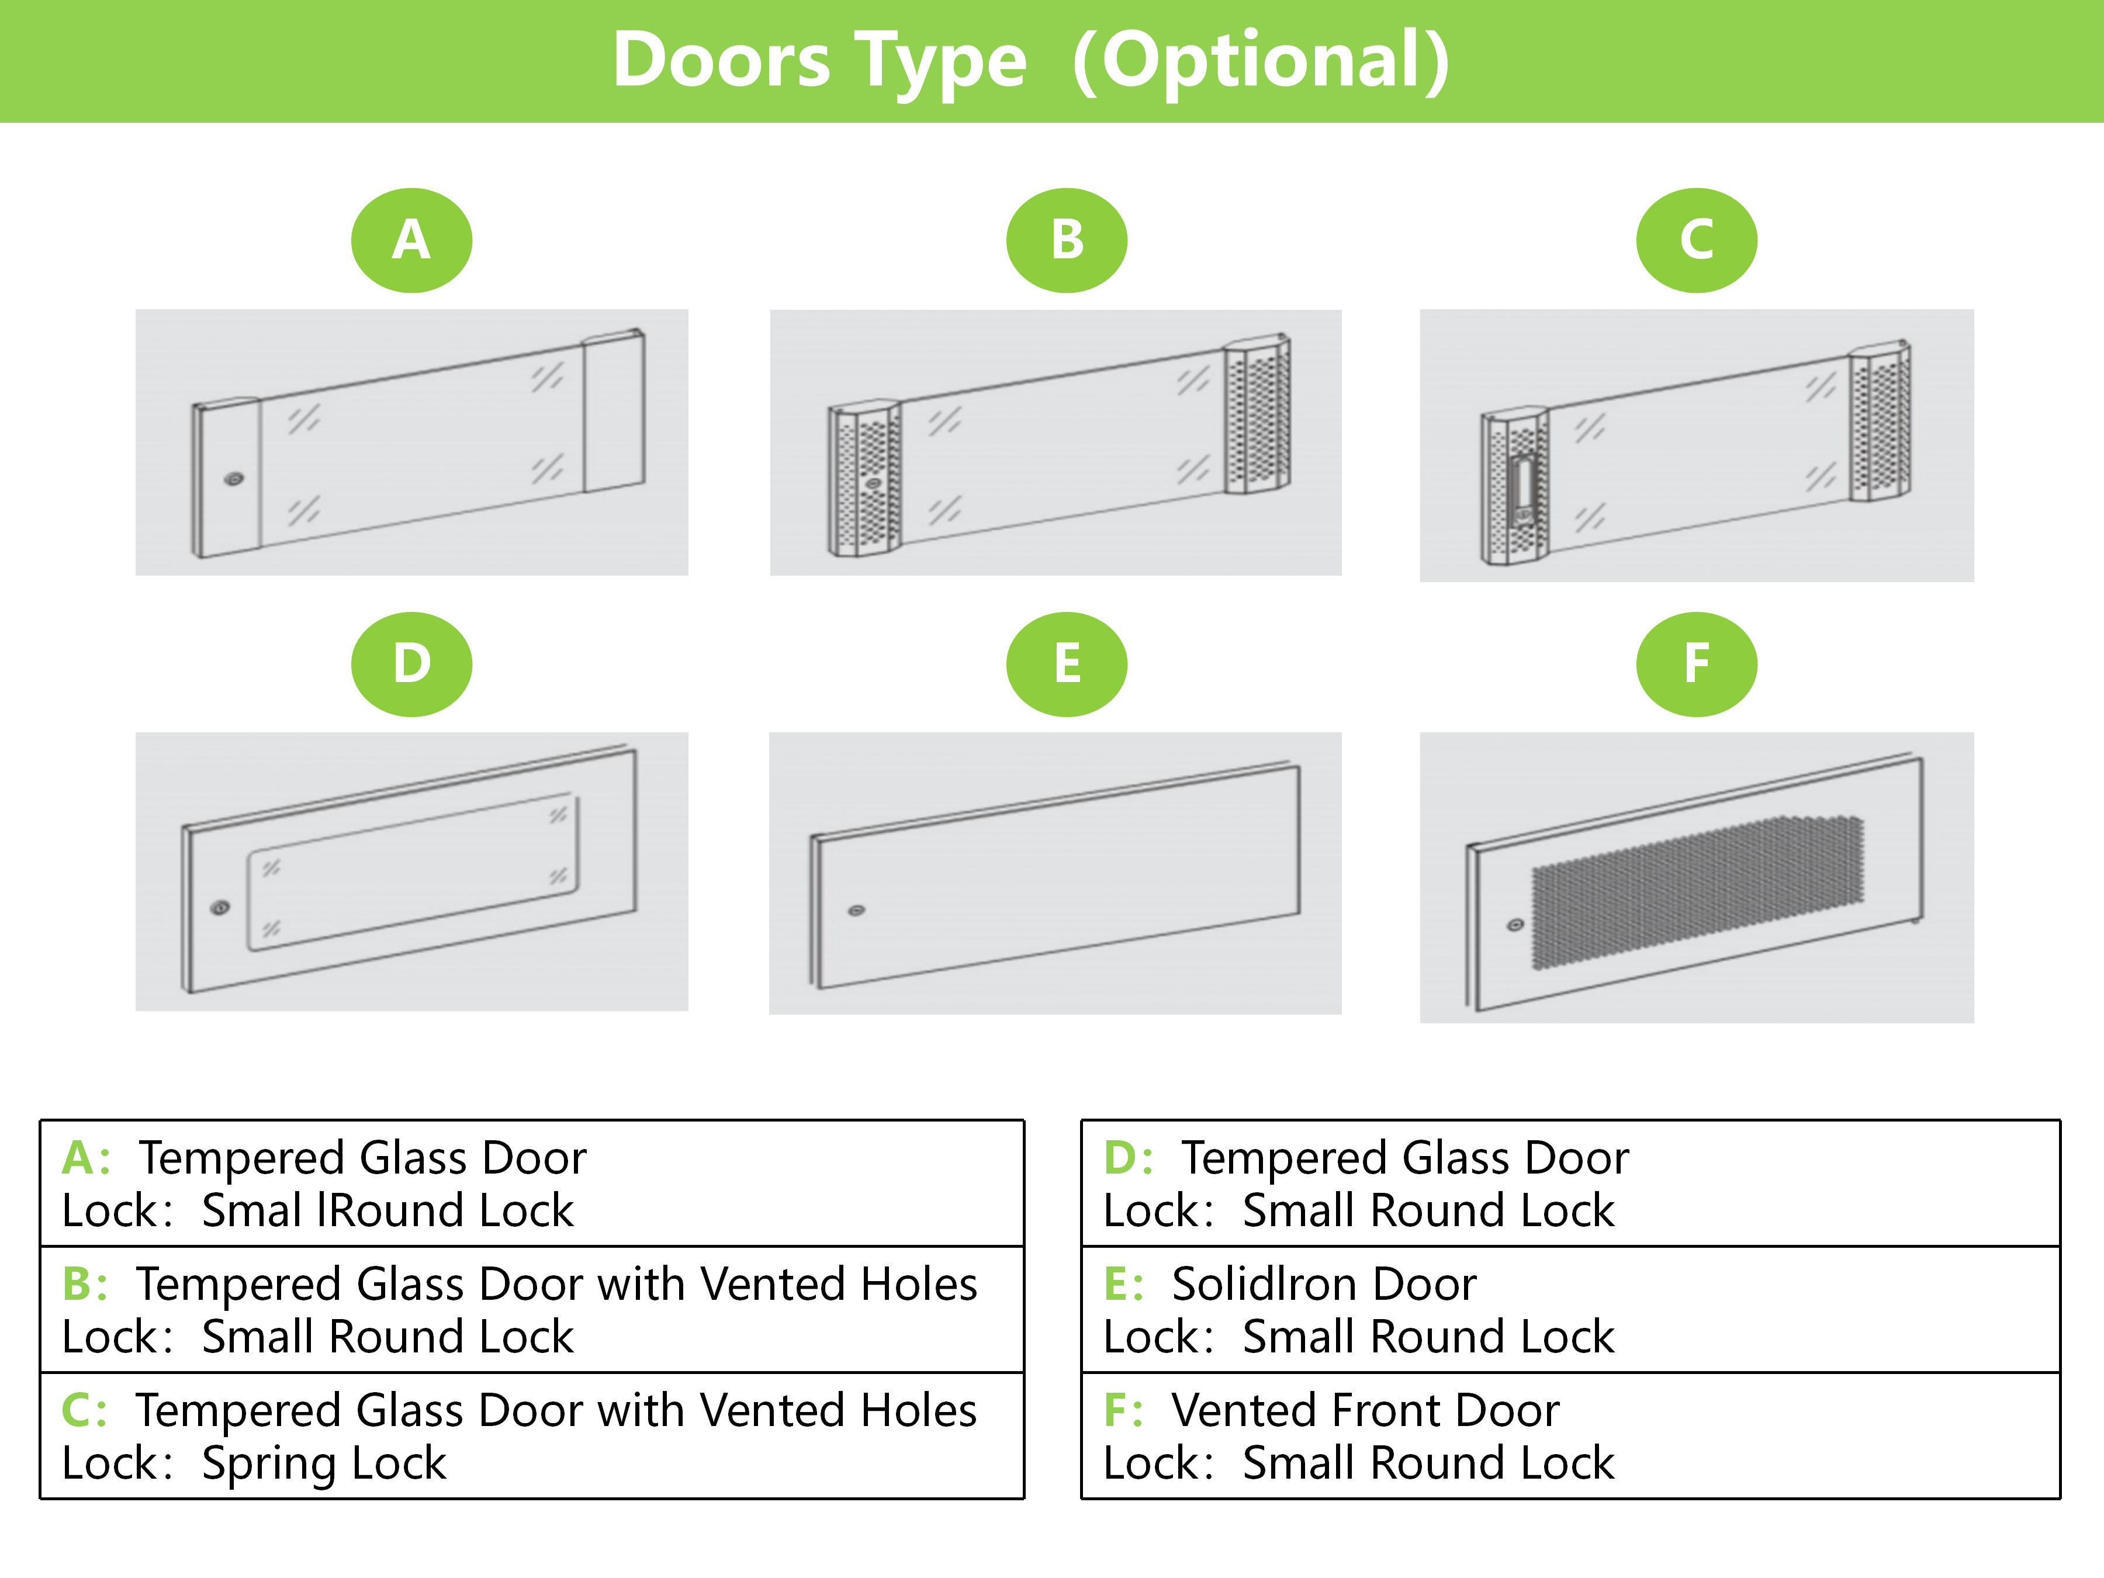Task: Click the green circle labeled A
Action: pos(412,240)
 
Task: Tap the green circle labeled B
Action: pos(1067,240)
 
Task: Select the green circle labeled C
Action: pos(1697,240)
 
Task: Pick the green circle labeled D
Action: pos(412,664)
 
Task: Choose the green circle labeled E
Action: pos(1067,664)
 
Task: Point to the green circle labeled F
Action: pos(1697,664)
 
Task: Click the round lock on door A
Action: pos(234,479)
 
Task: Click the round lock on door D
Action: pos(220,908)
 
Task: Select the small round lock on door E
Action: pos(856,911)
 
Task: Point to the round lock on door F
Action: pos(1515,925)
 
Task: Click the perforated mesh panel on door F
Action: pos(1697,892)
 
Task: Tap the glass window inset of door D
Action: pos(413,872)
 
